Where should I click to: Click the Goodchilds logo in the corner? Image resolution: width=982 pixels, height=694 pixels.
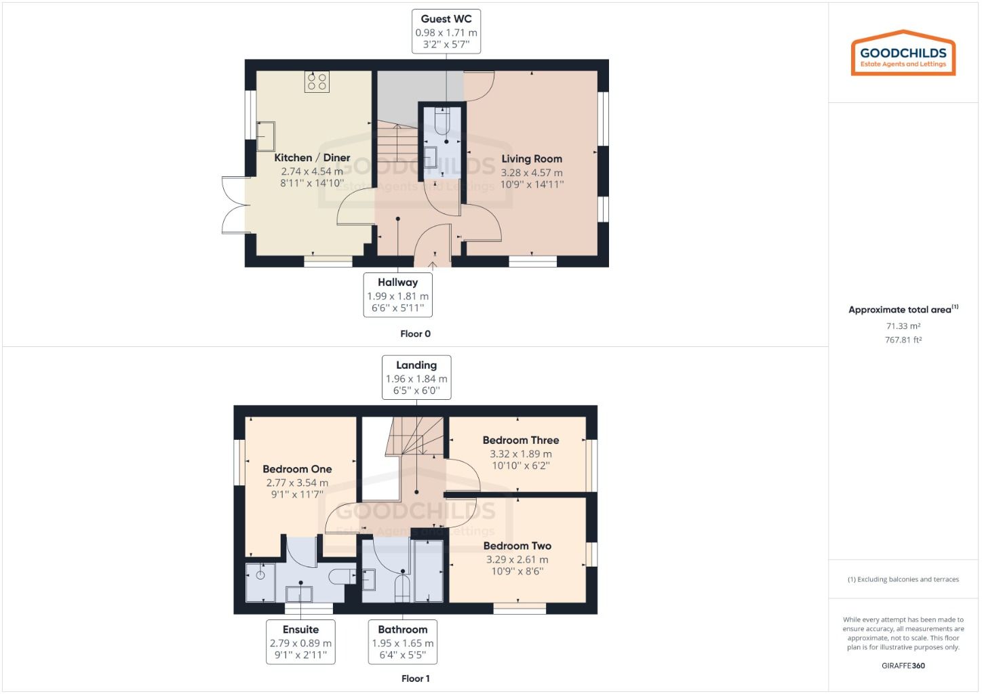point(903,54)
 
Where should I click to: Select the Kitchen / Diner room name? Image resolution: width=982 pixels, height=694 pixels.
point(312,158)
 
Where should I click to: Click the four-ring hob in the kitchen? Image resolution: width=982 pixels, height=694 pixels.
point(317,82)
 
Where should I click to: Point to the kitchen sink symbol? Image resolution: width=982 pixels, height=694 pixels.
point(265,136)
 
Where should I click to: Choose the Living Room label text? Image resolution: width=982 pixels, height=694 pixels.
point(532,159)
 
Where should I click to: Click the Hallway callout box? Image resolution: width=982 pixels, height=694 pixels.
point(398,295)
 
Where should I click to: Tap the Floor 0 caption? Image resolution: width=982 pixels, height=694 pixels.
point(415,333)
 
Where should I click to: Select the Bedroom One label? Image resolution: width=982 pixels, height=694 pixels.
point(297,469)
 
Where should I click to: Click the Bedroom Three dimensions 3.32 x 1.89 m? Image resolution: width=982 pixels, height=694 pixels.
point(521,454)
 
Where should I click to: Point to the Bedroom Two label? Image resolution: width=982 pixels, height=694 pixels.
point(517,546)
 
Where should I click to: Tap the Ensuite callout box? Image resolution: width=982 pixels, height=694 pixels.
point(300,642)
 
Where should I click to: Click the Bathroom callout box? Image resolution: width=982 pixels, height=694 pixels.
point(403,642)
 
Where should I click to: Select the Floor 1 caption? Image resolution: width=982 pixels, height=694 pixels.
point(415,678)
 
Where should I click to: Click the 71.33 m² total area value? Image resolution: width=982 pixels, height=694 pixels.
point(903,326)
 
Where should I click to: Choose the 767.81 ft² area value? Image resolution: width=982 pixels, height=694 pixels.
point(903,340)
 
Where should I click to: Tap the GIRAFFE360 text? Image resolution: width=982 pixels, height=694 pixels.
point(903,666)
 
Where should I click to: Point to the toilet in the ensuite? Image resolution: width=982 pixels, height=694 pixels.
point(340,577)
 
